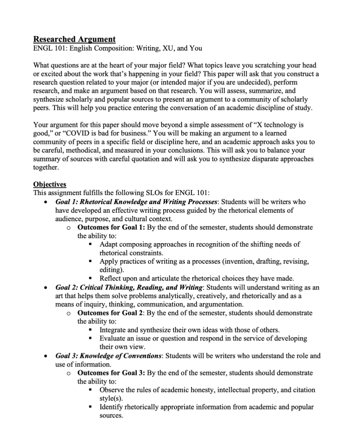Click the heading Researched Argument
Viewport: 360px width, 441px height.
74,39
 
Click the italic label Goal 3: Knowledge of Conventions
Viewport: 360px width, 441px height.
108,355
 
